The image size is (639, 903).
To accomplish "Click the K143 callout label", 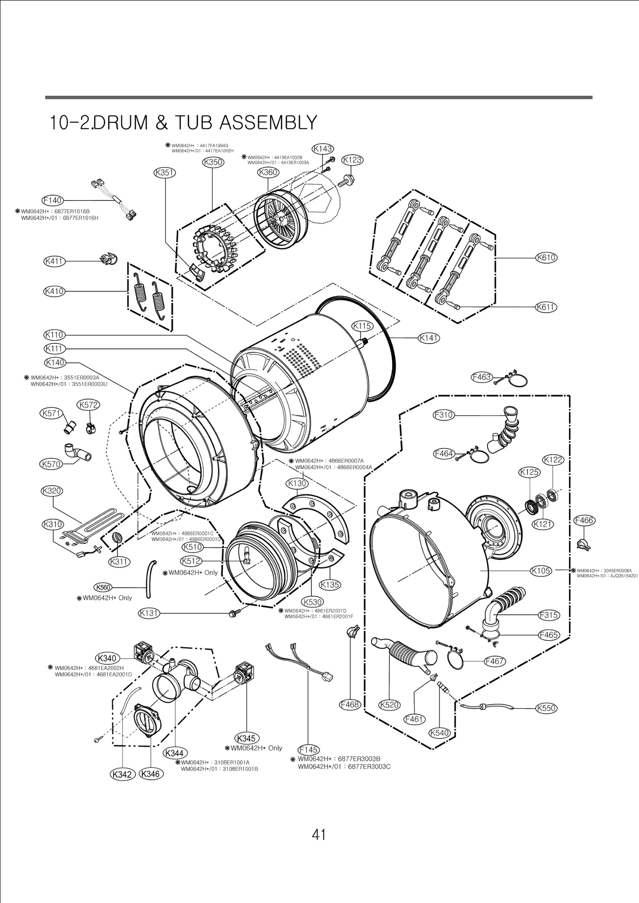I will pos(323,149).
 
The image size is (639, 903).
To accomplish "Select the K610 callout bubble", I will pos(546,258).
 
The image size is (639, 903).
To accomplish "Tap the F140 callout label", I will pos(53,200).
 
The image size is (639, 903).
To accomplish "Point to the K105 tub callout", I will pos(541,571).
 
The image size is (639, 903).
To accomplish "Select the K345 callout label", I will pos(246,738).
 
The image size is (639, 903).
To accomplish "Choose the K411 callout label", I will pos(54,262).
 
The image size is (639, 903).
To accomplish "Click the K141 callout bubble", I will pos(429,338).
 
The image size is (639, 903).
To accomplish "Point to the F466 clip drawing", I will pos(583,544).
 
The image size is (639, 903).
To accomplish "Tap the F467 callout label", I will pos(494,661).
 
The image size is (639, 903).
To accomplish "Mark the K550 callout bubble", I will pos(546,708).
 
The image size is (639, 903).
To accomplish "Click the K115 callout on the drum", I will pos(362,326).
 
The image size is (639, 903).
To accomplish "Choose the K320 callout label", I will pos(52,491).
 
